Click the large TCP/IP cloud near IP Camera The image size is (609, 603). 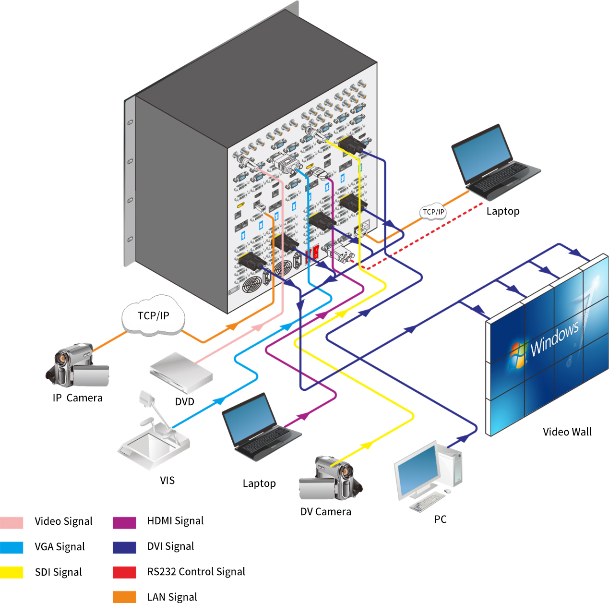tap(153, 315)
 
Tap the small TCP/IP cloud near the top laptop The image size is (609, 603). tap(433, 212)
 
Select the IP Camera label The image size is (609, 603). tap(78, 398)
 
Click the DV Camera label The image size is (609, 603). tap(326, 512)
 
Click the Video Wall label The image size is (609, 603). tap(567, 432)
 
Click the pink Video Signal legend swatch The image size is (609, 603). tap(12, 522)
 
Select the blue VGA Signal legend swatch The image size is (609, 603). tap(12, 547)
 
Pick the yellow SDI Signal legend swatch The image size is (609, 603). tap(12, 572)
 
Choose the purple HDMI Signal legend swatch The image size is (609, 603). tap(124, 522)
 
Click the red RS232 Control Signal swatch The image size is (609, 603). tap(124, 572)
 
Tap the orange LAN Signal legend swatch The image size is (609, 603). tap(124, 597)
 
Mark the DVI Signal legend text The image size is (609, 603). tap(170, 546)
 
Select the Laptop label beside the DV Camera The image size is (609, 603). tap(259, 483)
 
